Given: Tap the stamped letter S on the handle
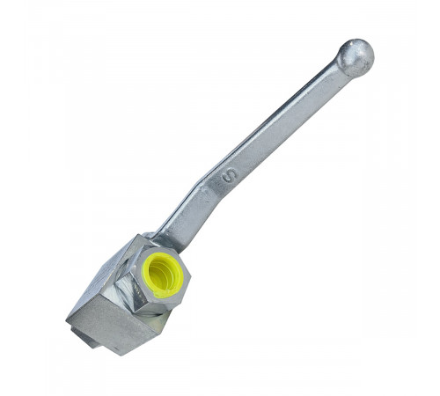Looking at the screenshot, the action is (230, 175).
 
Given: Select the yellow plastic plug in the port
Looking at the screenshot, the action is (163, 275).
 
